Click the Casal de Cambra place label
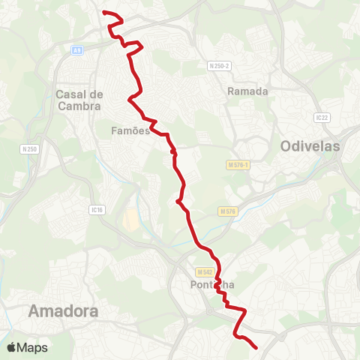tap(79, 100)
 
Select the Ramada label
tap(247, 91)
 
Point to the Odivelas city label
tap(310, 146)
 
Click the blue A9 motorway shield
tap(76, 50)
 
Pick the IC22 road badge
tap(322, 117)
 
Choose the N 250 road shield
tap(29, 149)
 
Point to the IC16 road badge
tap(95, 209)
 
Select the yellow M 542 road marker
tap(205, 271)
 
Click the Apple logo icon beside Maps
tap(12, 347)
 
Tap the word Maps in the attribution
tap(32, 347)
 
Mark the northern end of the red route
tap(103, 13)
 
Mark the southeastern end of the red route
tap(256, 347)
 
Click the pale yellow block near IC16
tap(130, 220)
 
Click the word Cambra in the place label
tap(79, 106)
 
